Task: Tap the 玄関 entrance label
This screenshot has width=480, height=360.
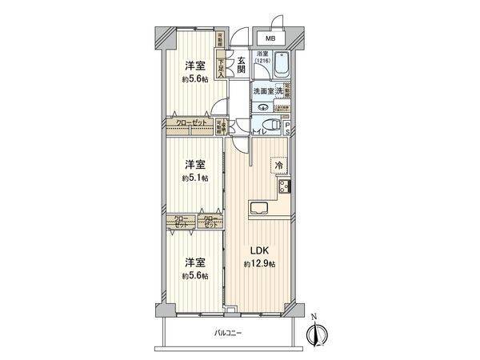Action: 240,63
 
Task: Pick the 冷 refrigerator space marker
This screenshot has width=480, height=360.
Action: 278,165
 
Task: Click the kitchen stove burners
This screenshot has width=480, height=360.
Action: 285,189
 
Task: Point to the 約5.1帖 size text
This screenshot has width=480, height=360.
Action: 194,178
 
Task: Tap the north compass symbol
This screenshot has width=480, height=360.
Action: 317,335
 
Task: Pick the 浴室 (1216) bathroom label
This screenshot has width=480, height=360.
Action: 263,58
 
